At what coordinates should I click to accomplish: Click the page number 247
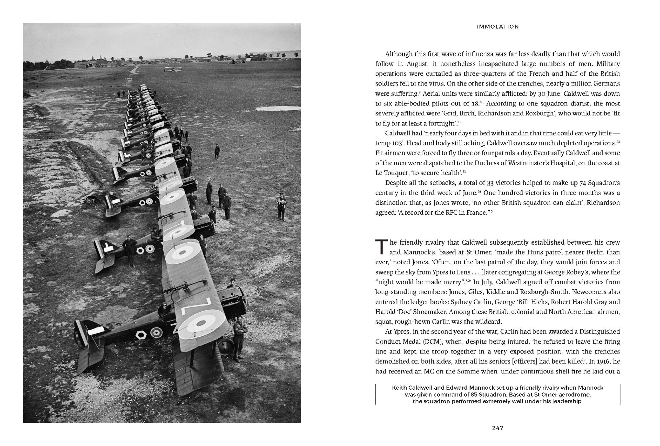coord(497,428)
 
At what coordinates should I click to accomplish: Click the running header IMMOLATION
coord(498,26)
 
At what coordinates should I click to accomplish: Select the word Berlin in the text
coord(599,252)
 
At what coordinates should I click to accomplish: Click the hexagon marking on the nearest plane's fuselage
coord(141,334)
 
